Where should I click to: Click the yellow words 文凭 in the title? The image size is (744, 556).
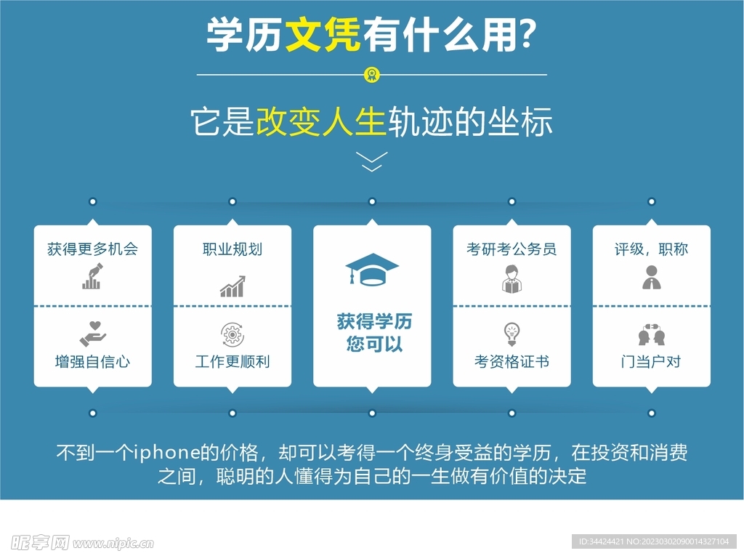click(x=323, y=34)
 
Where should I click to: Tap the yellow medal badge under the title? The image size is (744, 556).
click(x=371, y=75)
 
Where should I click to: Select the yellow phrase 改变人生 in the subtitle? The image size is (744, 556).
click(x=320, y=121)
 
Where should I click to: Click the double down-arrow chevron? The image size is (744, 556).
click(x=371, y=161)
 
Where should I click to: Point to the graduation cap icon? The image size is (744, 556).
click(x=372, y=269)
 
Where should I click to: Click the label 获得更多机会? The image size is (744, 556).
click(x=92, y=249)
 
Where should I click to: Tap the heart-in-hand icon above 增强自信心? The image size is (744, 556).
click(x=93, y=334)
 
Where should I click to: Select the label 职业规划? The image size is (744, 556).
click(x=232, y=249)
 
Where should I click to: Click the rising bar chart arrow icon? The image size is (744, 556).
click(x=232, y=286)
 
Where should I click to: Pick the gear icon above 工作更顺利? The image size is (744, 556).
click(x=232, y=335)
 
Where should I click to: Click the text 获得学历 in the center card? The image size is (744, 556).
click(x=374, y=321)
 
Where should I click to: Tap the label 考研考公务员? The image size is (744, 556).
click(x=511, y=249)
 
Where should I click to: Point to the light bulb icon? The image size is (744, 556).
click(x=512, y=334)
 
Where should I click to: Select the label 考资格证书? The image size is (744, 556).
click(x=512, y=362)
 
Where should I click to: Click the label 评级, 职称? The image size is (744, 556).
click(x=652, y=249)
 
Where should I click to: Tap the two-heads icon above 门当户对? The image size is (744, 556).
click(x=652, y=334)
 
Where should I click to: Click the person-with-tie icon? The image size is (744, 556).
click(x=652, y=278)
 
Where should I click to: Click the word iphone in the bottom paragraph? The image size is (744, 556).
click(x=166, y=453)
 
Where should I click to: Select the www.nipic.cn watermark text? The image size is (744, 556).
click(x=113, y=543)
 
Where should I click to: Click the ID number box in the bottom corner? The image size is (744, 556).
click(x=655, y=541)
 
